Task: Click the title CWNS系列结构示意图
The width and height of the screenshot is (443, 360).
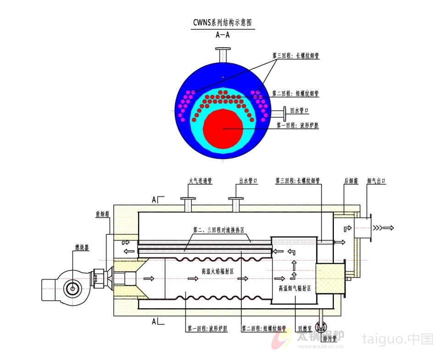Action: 222,22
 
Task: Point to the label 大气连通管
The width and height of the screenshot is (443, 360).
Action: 200,181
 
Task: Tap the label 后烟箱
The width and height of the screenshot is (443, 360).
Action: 351,181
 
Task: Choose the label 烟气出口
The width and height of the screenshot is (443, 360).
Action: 376,181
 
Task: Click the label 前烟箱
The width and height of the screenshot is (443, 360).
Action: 102,213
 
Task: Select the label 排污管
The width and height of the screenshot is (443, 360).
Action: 329,338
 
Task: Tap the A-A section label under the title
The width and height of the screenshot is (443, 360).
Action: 222,34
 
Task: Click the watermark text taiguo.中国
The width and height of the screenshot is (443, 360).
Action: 398,339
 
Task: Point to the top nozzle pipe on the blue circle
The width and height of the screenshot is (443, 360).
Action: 223,55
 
